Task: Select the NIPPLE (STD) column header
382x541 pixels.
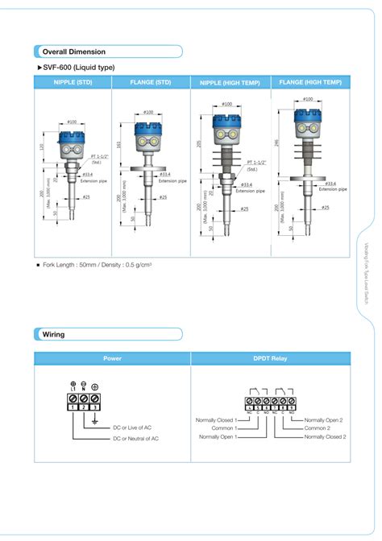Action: [x=73, y=82]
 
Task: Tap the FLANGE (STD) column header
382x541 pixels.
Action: [x=151, y=82]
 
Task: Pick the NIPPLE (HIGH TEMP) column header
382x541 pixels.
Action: [x=230, y=82]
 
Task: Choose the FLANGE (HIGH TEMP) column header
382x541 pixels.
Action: [x=310, y=82]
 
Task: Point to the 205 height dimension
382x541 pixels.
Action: [x=198, y=143]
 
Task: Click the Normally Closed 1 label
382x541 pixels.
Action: [x=214, y=420]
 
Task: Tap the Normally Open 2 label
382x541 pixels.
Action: [x=323, y=420]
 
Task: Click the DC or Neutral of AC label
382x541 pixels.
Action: [x=135, y=438]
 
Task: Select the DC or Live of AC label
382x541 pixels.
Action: [x=132, y=428]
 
